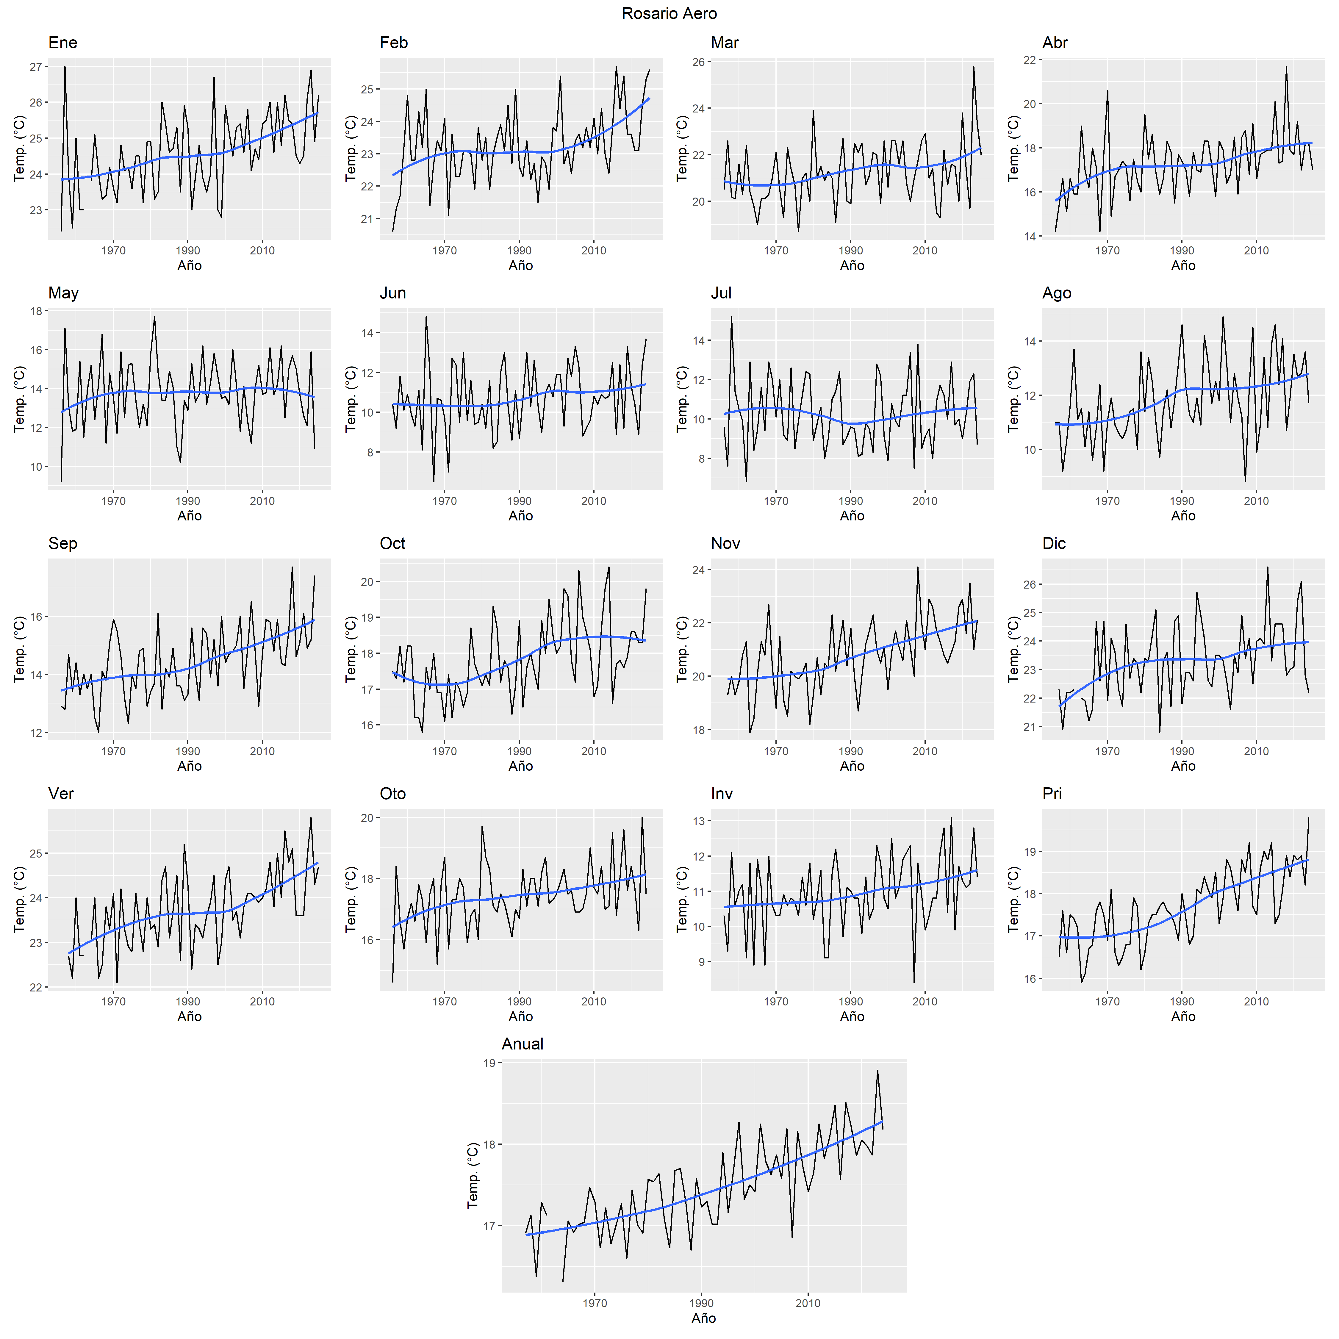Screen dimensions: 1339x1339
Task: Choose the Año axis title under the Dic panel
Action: click(x=1183, y=766)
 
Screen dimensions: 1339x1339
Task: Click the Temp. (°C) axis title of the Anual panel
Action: click(x=473, y=1176)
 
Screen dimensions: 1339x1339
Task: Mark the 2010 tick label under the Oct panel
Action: click(x=593, y=751)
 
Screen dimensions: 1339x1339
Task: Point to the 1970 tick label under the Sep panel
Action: click(x=114, y=751)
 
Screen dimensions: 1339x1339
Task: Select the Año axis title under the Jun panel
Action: click(x=520, y=516)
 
